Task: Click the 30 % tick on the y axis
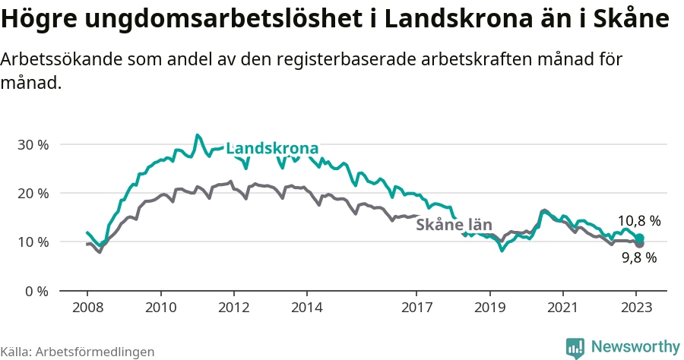click(33, 144)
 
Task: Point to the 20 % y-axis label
click(33, 193)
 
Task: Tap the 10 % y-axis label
click(33, 242)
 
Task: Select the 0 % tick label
click(36, 291)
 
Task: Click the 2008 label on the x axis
click(87, 308)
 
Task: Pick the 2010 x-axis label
click(160, 308)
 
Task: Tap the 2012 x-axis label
click(233, 308)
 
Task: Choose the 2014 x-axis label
click(307, 308)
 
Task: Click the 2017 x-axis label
click(416, 308)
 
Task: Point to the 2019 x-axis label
click(489, 308)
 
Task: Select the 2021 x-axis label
click(563, 308)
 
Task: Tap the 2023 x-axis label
click(636, 308)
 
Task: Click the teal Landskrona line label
click(272, 148)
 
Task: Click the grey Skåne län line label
click(454, 224)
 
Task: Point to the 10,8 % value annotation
click(638, 221)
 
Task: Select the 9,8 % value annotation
click(638, 257)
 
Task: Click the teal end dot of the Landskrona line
click(640, 238)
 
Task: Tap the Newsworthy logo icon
click(575, 348)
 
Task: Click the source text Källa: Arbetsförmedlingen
click(78, 352)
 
